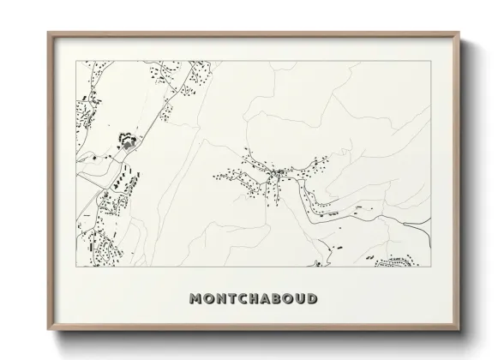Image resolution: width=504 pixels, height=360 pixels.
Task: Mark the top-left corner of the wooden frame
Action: tap(47, 33)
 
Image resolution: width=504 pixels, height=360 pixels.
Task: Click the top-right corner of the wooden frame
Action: tap(459, 33)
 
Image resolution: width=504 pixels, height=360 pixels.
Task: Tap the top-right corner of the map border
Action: tap(430, 61)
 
